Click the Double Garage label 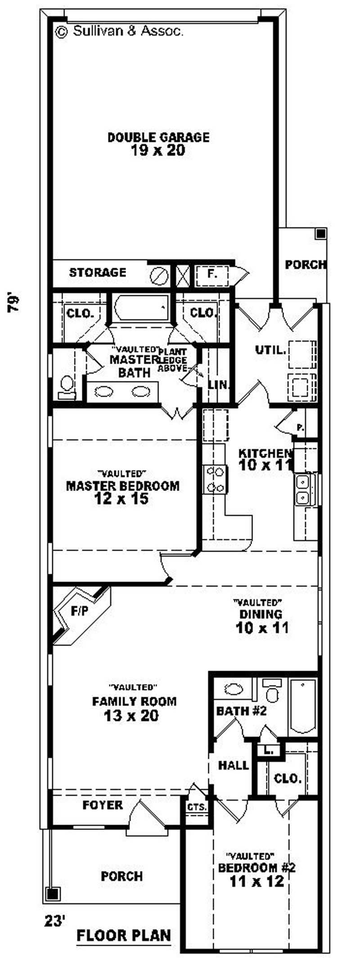click(158, 137)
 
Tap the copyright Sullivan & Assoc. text click(119, 31)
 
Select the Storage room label click(97, 272)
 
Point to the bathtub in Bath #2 click(303, 706)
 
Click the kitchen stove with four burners click(215, 480)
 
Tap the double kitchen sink click(303, 490)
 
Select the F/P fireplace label click(79, 611)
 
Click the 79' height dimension click(13, 303)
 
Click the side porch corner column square click(320, 234)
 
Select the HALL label click(233, 765)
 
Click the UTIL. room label click(270, 350)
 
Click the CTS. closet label click(197, 807)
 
